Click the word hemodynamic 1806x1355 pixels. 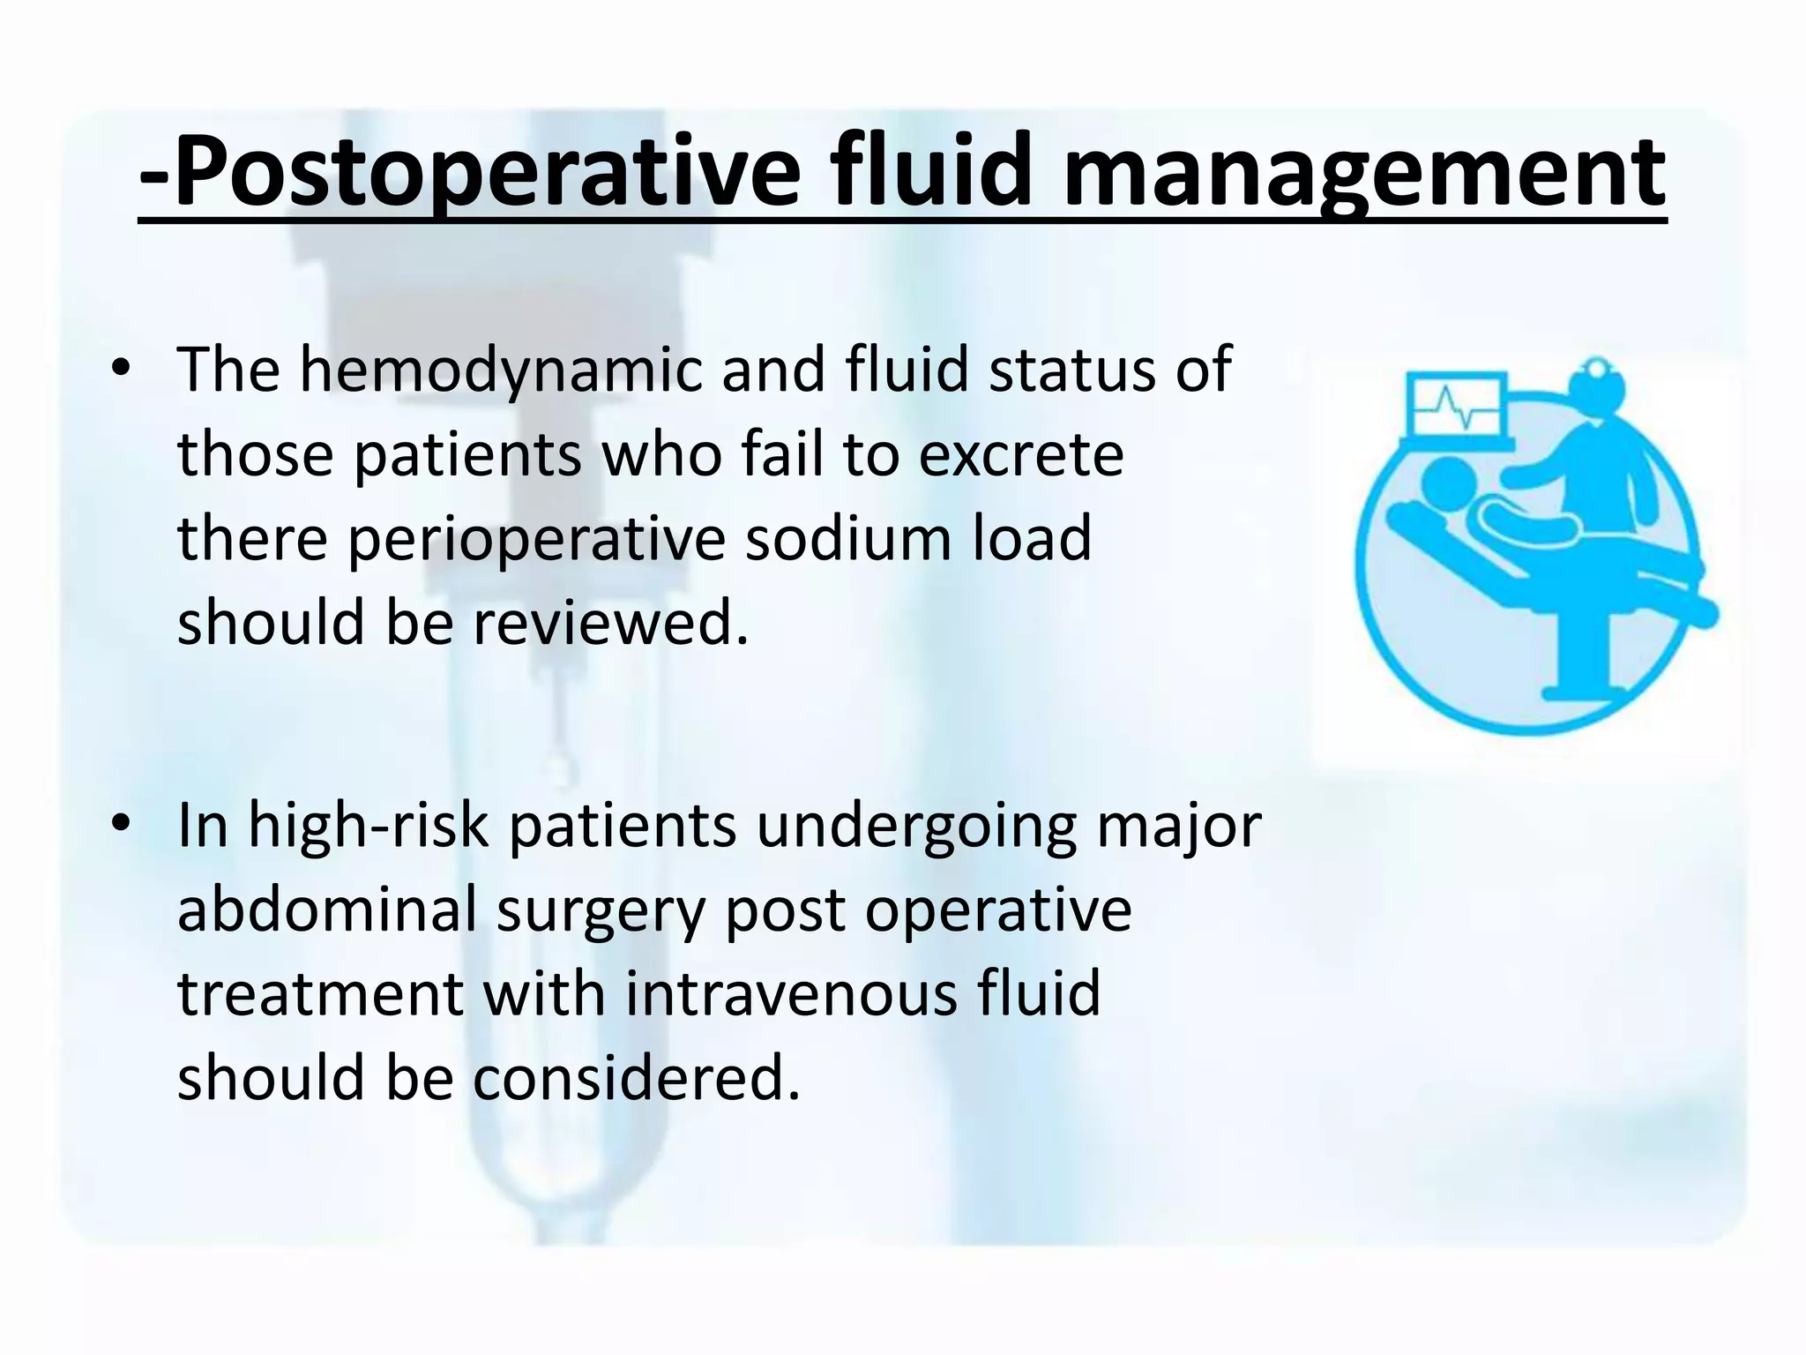[x=502, y=371]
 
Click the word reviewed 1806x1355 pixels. [x=610, y=623]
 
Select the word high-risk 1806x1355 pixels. [x=368, y=827]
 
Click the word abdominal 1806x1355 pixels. [x=327, y=910]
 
